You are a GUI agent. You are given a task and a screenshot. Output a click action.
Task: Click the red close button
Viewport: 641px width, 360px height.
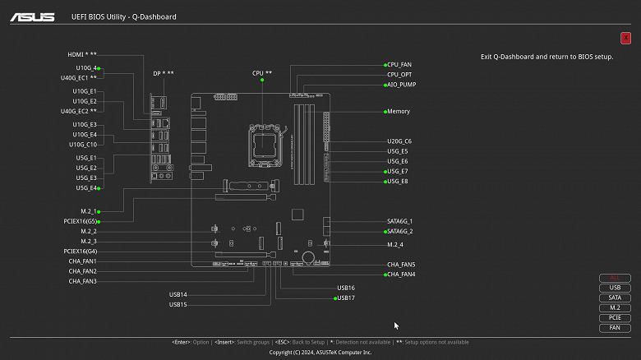click(626, 38)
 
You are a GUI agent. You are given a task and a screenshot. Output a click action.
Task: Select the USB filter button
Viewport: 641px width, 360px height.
click(615, 288)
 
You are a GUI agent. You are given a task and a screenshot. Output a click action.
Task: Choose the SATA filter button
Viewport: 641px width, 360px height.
click(615, 298)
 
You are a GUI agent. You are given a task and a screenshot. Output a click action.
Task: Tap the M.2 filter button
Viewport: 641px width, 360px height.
click(615, 307)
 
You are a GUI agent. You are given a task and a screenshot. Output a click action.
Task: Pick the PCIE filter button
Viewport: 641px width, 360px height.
click(615, 317)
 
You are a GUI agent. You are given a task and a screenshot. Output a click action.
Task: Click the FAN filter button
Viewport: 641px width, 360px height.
click(615, 328)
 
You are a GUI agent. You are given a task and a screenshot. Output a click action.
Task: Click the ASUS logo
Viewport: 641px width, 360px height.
click(33, 16)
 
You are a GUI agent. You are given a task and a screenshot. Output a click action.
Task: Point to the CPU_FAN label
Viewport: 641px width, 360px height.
click(399, 64)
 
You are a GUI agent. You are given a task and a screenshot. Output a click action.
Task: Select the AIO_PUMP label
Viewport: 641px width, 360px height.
click(401, 85)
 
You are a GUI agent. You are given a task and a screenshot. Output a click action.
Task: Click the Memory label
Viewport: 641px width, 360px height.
click(399, 111)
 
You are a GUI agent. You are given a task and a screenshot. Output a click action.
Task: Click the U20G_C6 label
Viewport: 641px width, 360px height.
click(399, 141)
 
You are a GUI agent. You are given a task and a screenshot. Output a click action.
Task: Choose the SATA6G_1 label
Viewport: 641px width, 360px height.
click(400, 221)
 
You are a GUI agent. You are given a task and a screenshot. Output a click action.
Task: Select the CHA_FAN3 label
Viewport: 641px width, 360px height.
click(82, 281)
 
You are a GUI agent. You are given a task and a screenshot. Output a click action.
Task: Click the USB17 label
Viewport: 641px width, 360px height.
click(346, 298)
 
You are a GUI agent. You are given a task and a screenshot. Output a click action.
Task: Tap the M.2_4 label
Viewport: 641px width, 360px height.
click(395, 245)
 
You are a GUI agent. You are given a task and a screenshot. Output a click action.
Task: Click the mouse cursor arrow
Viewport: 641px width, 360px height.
click(396, 325)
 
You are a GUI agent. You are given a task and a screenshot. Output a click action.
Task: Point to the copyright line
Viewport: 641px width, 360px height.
click(320, 352)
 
